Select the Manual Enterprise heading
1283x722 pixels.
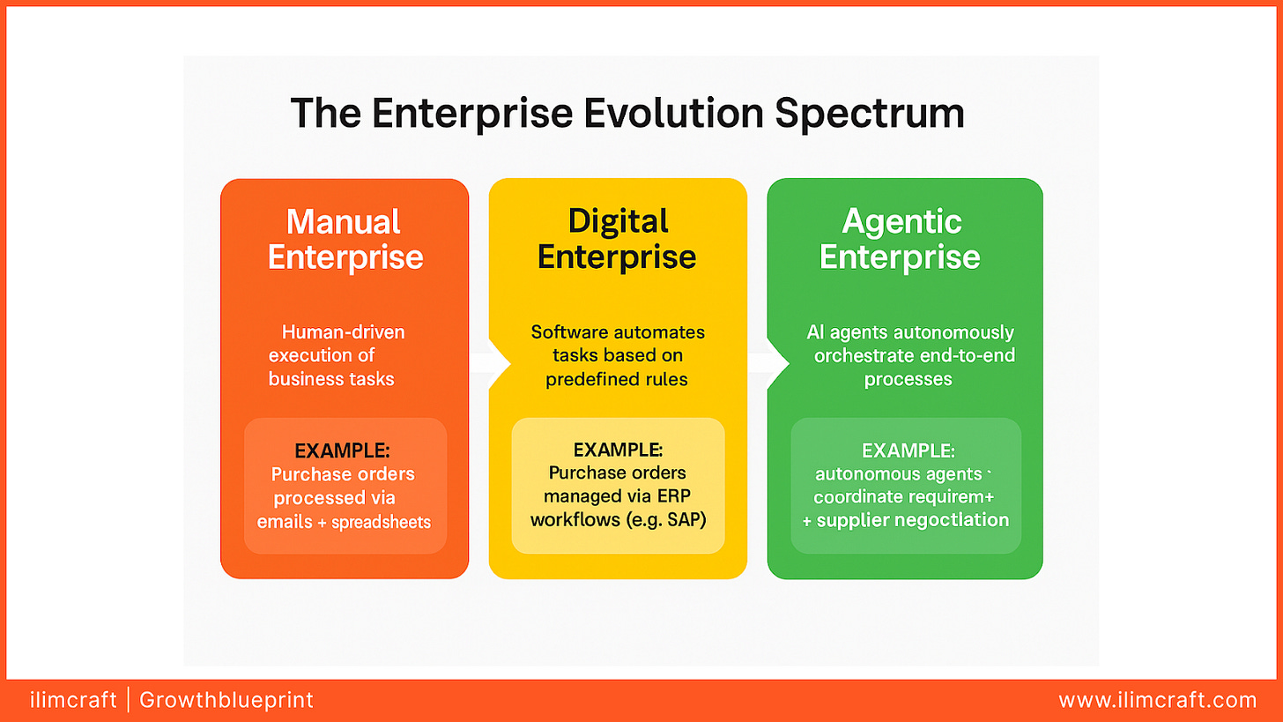(x=345, y=239)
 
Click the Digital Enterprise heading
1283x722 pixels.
(x=617, y=239)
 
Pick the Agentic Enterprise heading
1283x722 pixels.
(x=901, y=239)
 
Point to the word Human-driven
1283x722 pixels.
(x=343, y=332)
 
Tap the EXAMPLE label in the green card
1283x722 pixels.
(x=908, y=450)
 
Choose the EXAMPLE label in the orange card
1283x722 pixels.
(x=342, y=450)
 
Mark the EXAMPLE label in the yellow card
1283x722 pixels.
(x=618, y=449)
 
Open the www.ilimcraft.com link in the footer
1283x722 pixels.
(x=1157, y=701)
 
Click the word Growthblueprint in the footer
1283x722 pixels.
(x=226, y=701)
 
